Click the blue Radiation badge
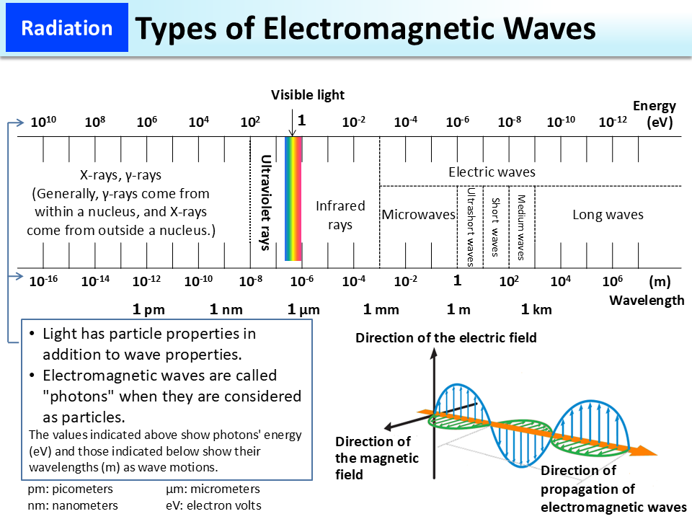point(67,29)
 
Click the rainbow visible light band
point(293,198)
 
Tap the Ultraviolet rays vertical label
point(265,203)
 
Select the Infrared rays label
point(340,215)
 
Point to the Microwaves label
point(419,215)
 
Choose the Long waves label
point(608,215)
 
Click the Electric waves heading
point(492,172)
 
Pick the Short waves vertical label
point(495,226)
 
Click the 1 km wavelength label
point(536,310)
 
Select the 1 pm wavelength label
point(149,310)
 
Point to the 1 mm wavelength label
point(381,310)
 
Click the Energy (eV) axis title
point(655,114)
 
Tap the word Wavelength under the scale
point(647,300)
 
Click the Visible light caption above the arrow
point(308,94)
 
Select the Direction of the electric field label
point(446,337)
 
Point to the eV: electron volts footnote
point(213,505)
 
